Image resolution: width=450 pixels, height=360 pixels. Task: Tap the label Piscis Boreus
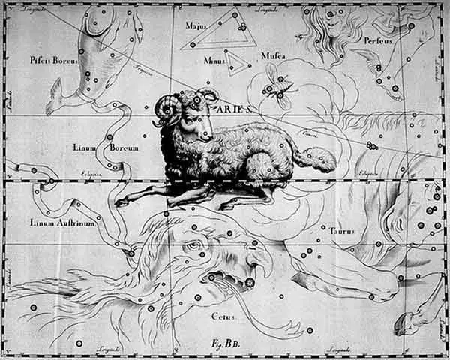(54, 59)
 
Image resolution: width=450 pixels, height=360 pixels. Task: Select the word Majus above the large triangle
(196, 25)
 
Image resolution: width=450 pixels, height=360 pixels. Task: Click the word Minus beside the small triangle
(214, 61)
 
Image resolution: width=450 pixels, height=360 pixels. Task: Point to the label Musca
(274, 55)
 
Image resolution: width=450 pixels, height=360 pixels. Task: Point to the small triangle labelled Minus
(238, 62)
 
